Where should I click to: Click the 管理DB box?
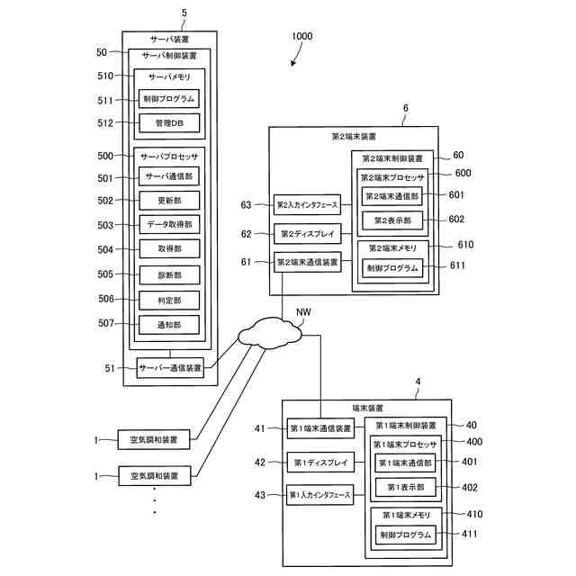coord(168,123)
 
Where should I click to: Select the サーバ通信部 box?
coord(168,177)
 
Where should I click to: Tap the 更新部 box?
coord(168,201)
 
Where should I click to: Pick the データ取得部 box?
coord(168,225)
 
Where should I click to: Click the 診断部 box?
coord(168,274)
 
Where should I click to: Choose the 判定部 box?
coord(168,299)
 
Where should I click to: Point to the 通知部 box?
coord(168,323)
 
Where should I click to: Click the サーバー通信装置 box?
coord(170,366)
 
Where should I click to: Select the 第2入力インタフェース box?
coord(307,206)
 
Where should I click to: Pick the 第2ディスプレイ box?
coord(307,234)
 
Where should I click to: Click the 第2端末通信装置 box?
coord(307,262)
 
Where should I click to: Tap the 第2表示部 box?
coord(391,219)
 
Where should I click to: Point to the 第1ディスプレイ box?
coord(314,463)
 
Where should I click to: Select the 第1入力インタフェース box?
coord(314,495)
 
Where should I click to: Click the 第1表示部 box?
coord(404,487)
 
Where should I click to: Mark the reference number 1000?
coord(301,37)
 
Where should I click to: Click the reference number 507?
coord(105,323)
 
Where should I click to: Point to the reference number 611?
coord(458,266)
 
